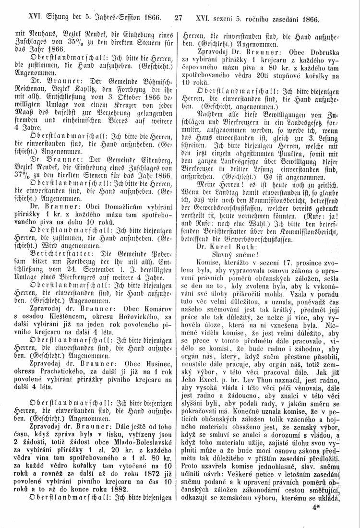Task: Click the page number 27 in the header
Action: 180,21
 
